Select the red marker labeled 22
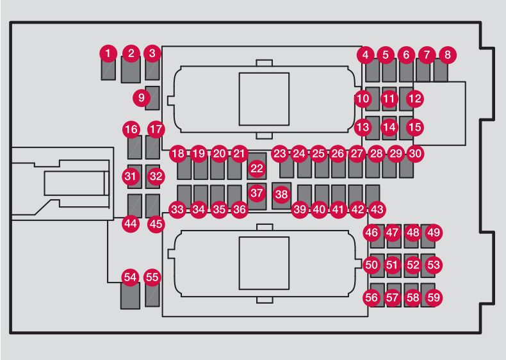pyautogui.click(x=257, y=168)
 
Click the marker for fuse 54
pyautogui.click(x=131, y=277)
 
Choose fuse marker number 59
pyautogui.click(x=434, y=297)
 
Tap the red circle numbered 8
pyautogui.click(x=447, y=55)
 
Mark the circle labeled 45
pyautogui.click(x=156, y=224)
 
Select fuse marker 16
pyautogui.click(x=131, y=129)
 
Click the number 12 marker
pyautogui.click(x=415, y=99)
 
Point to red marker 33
pyautogui.click(x=177, y=209)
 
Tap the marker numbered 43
pyautogui.click(x=377, y=209)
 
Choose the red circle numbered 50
pyautogui.click(x=371, y=264)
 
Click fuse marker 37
pyautogui.click(x=257, y=193)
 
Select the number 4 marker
pyautogui.click(x=366, y=55)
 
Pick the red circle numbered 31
pyautogui.click(x=131, y=176)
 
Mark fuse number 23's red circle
pyautogui.click(x=280, y=154)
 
